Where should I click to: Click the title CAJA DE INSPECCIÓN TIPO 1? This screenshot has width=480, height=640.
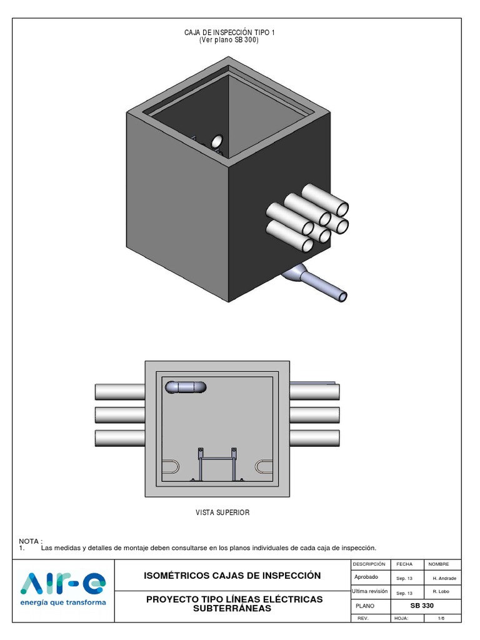pyautogui.click(x=229, y=32)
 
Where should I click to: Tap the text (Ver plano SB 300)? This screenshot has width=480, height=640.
pyautogui.click(x=229, y=40)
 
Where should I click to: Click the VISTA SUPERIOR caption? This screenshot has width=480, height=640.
pyautogui.click(x=222, y=512)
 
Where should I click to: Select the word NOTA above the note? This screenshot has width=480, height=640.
pyautogui.click(x=30, y=541)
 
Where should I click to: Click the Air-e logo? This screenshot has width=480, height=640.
pyautogui.click(x=63, y=584)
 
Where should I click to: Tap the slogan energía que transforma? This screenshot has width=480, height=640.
pyautogui.click(x=63, y=603)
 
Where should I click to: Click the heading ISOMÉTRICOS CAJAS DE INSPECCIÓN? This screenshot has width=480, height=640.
pyautogui.click(x=232, y=576)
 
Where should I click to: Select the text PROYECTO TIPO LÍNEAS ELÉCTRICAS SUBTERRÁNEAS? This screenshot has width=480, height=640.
pyautogui.click(x=234, y=604)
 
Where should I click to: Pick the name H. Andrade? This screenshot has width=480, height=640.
pyautogui.click(x=444, y=578)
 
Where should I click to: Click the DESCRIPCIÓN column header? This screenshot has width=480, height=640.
pyautogui.click(x=369, y=564)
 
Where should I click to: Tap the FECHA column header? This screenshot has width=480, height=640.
pyautogui.click(x=404, y=564)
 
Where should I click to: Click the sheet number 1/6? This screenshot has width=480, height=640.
pyautogui.click(x=441, y=618)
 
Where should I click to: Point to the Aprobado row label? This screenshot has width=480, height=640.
pyautogui.click(x=367, y=577)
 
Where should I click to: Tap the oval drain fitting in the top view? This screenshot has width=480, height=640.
pyautogui.click(x=186, y=387)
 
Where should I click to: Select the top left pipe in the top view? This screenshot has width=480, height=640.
pyautogui.click(x=120, y=392)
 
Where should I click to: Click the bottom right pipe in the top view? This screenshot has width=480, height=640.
pyautogui.click(x=315, y=437)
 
